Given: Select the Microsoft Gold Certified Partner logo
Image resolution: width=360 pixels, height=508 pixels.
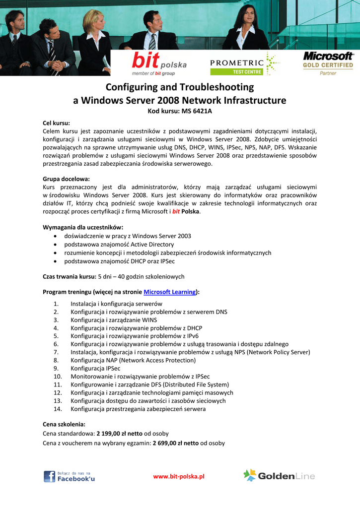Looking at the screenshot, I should pyautogui.click(x=328, y=63).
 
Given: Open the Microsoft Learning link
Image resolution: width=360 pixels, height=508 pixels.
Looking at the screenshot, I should pyautogui.click(x=170, y=292).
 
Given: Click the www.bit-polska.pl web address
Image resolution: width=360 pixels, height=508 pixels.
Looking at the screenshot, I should pyautogui.click(x=179, y=477).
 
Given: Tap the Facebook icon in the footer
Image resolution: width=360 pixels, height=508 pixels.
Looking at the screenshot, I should pyautogui.click(x=50, y=477).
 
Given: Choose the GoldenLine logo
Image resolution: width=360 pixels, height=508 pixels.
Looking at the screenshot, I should pyautogui.click(x=279, y=476).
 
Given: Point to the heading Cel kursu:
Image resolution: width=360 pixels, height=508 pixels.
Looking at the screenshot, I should pyautogui.click(x=57, y=123).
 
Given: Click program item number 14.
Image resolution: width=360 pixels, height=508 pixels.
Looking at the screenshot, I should pyautogui.click(x=58, y=409).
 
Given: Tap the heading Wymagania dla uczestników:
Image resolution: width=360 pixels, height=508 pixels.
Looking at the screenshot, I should pyautogui.click(x=83, y=227).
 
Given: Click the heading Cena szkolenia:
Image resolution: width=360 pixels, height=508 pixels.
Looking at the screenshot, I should pyautogui.click(x=64, y=425).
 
